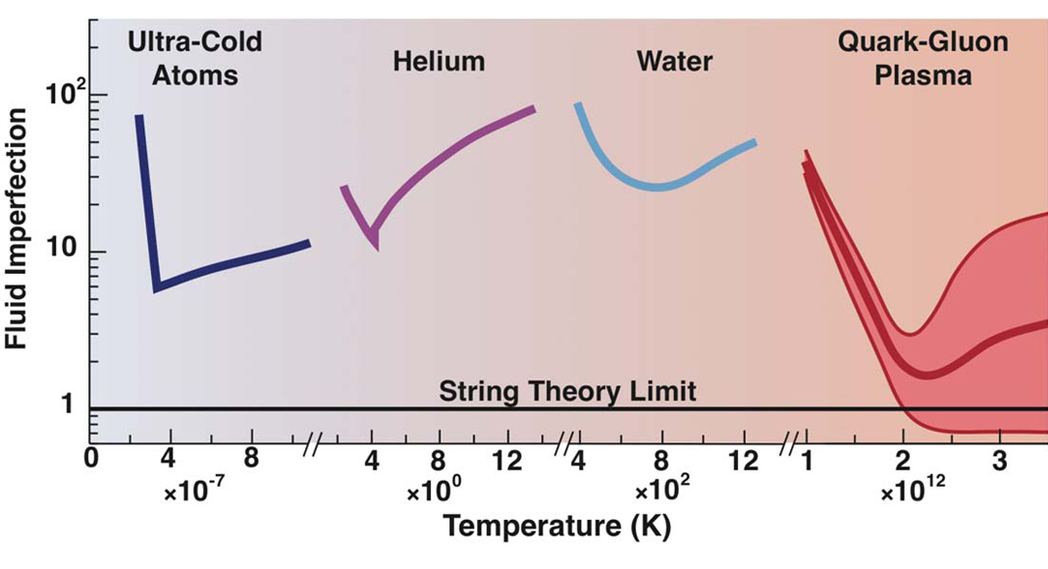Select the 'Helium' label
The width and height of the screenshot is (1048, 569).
(439, 62)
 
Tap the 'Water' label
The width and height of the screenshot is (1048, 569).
(674, 62)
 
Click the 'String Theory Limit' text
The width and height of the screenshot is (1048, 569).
(568, 392)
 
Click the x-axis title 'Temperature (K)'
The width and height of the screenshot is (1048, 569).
(556, 528)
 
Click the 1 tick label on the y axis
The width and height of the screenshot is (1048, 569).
(71, 407)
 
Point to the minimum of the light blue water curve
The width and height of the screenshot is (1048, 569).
(660, 186)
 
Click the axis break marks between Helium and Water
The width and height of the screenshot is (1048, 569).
(563, 446)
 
